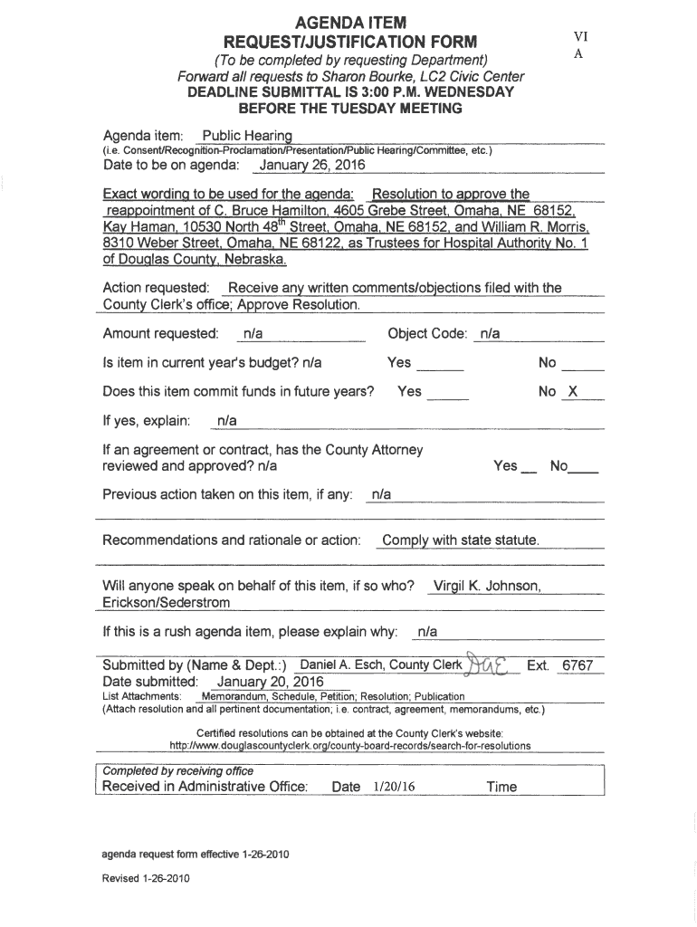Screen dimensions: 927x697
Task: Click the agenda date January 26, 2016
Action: (306, 166)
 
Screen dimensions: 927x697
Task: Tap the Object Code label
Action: (426, 334)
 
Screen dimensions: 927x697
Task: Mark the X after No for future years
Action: (572, 392)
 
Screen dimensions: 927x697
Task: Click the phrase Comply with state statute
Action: (461, 540)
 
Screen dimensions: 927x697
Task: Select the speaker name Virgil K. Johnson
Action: (487, 586)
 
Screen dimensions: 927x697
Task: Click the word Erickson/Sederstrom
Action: (167, 602)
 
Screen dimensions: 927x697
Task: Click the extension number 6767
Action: (578, 666)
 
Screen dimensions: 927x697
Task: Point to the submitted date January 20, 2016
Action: (270, 681)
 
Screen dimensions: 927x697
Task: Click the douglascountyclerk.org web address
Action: (350, 746)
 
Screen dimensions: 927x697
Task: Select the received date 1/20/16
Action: (393, 788)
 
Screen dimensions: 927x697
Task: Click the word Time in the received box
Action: (501, 787)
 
